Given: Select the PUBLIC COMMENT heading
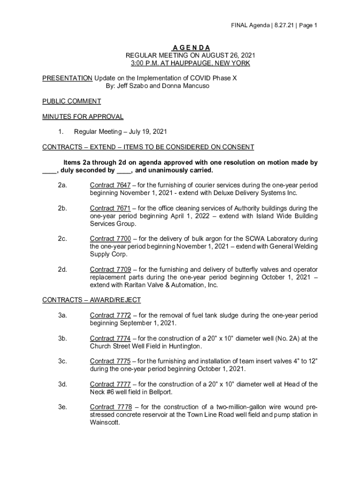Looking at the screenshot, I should (72, 101).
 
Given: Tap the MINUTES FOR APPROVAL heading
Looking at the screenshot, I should (83, 116).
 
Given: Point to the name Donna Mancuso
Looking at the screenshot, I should (187, 86).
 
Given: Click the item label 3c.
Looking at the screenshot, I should (63, 361).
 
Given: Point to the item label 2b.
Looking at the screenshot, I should (63, 208).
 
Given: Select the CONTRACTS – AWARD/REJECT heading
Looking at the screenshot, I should (92, 300).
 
